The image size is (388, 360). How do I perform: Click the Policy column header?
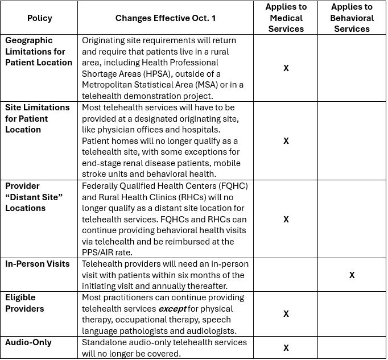tap(39, 18)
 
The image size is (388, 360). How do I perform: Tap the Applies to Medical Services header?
tap(286, 18)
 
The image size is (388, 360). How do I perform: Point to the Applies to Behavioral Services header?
tap(352, 18)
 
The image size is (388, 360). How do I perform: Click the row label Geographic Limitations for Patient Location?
tap(39, 51)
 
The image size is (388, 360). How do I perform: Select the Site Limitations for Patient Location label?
tap(38, 118)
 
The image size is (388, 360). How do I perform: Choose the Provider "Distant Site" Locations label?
tap(34, 197)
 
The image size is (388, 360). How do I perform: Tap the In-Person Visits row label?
tap(38, 264)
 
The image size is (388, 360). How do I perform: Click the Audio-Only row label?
tap(28, 342)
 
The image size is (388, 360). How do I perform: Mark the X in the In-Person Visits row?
tap(352, 275)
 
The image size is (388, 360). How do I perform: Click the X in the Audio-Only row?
tap(286, 348)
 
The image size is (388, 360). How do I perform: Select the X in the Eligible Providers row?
tap(286, 314)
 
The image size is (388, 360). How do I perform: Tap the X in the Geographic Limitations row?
tap(286, 68)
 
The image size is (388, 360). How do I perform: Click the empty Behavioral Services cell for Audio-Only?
tap(352, 348)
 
